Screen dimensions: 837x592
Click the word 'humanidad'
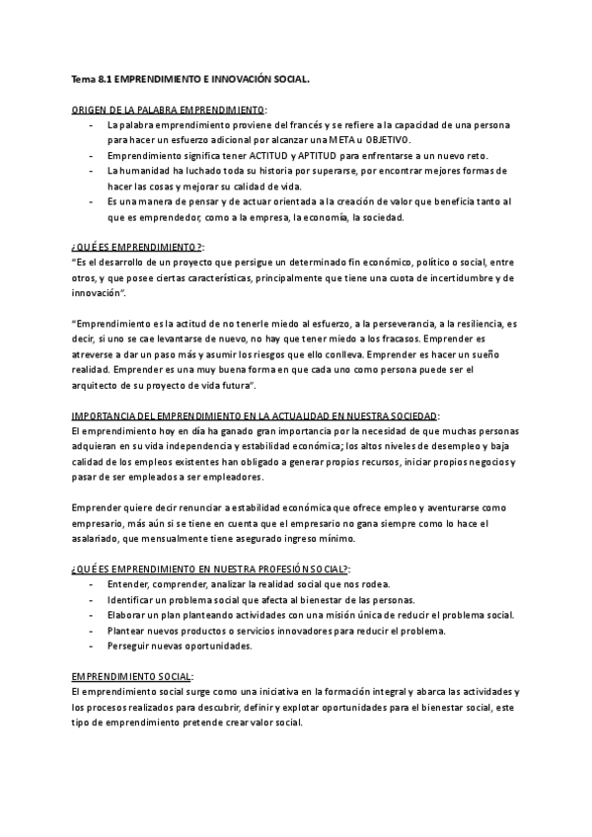(146, 171)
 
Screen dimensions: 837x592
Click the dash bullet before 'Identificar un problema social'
(91, 601)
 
